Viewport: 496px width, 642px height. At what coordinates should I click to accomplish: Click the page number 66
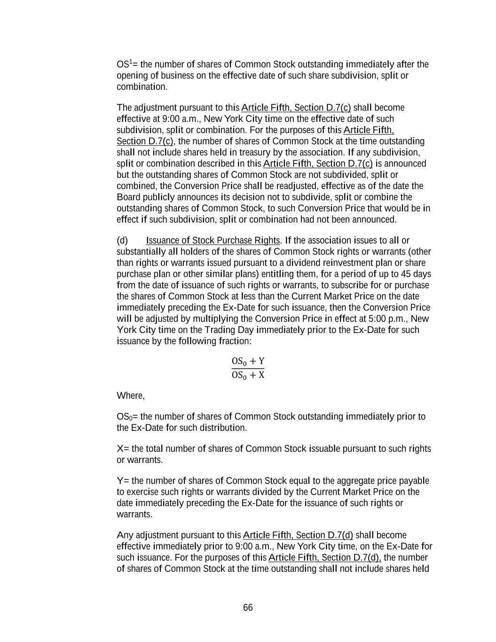(248, 608)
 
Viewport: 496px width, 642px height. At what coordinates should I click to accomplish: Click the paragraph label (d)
(122, 240)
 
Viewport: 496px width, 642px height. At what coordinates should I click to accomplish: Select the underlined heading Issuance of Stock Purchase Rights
(213, 240)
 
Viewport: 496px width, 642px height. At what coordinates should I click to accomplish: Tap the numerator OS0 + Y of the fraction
(248, 361)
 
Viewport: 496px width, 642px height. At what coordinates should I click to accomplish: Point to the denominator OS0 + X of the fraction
(248, 375)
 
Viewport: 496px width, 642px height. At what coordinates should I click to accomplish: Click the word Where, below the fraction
(131, 396)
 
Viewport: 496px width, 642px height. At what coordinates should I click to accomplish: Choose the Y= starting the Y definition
(123, 481)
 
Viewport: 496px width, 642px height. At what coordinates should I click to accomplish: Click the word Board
(129, 197)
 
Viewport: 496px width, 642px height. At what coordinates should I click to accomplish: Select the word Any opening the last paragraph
(125, 535)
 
